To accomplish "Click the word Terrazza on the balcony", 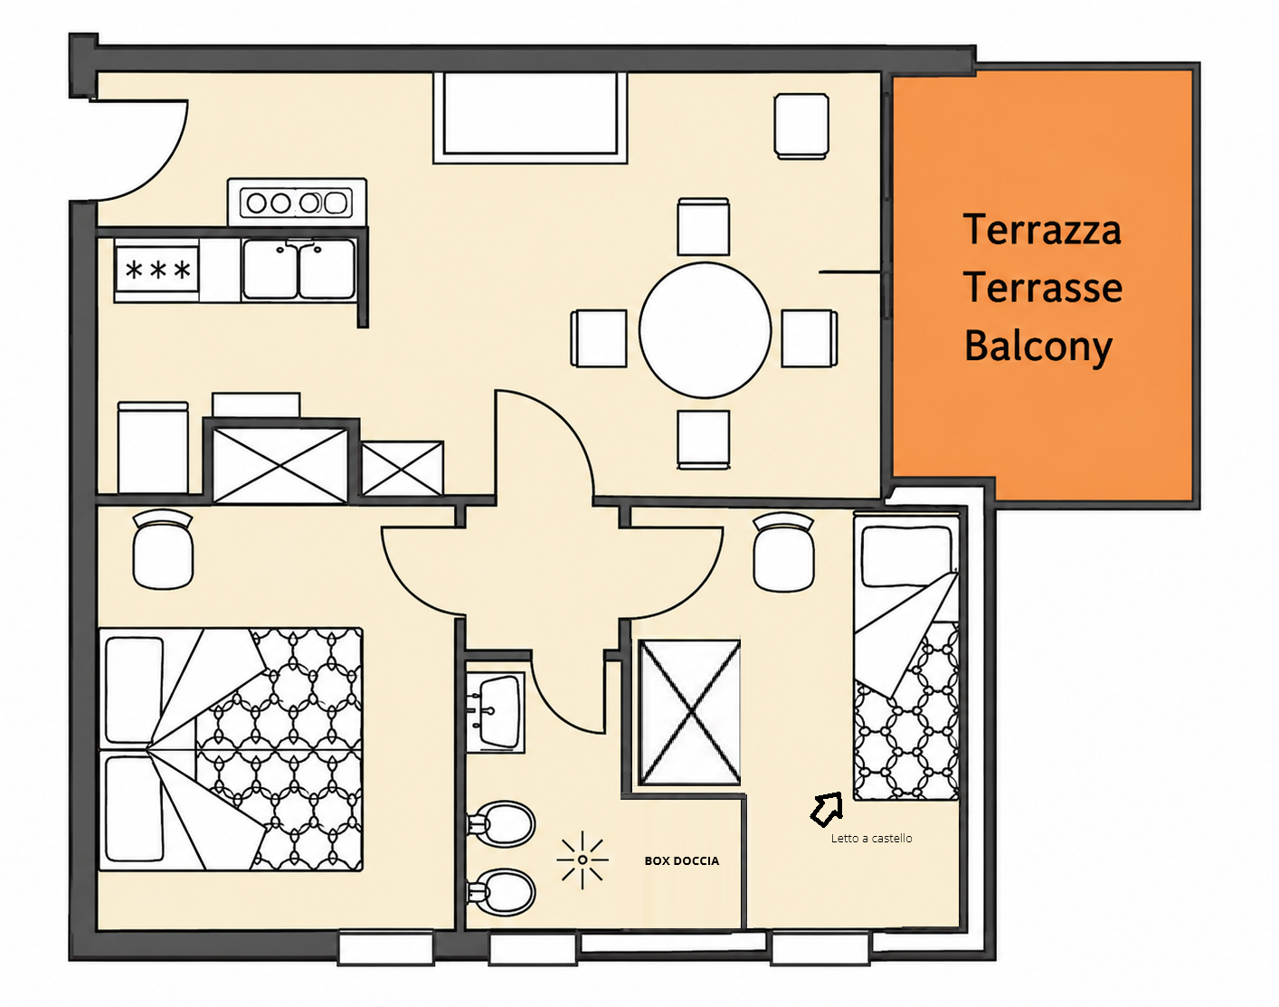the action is click(x=1042, y=230).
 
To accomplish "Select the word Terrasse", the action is click(x=1043, y=288).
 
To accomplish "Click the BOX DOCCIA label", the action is click(x=682, y=860).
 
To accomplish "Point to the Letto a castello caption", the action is click(x=871, y=838).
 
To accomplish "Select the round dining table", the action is click(x=705, y=330).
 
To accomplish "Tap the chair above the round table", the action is click(x=703, y=226).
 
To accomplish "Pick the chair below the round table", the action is click(x=704, y=440).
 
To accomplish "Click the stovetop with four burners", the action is click(x=298, y=202).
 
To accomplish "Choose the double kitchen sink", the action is click(x=299, y=270).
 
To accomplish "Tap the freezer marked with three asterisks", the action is click(x=156, y=270).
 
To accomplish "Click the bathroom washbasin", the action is click(x=495, y=713).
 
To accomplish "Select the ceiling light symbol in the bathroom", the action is click(x=583, y=860).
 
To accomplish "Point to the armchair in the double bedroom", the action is click(x=163, y=548).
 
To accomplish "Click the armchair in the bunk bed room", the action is click(x=783, y=552).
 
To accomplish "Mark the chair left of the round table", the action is click(x=599, y=338).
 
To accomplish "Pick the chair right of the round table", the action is click(x=810, y=338).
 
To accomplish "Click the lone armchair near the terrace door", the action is click(x=801, y=126).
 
